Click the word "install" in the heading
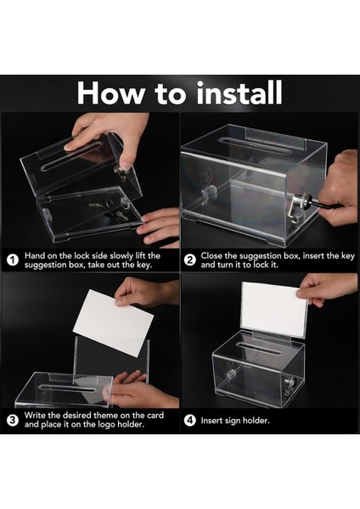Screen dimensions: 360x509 (x=239, y=92)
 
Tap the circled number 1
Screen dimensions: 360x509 (x=13, y=260)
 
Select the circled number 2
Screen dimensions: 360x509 (x=189, y=260)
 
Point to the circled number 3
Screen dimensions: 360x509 (x=13, y=420)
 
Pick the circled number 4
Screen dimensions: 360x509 (x=189, y=421)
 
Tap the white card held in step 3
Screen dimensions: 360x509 (x=114, y=323)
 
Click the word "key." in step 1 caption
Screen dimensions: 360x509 (x=144, y=265)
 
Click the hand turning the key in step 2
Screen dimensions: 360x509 (x=337, y=192)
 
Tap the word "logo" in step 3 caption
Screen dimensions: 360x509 (x=105, y=425)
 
